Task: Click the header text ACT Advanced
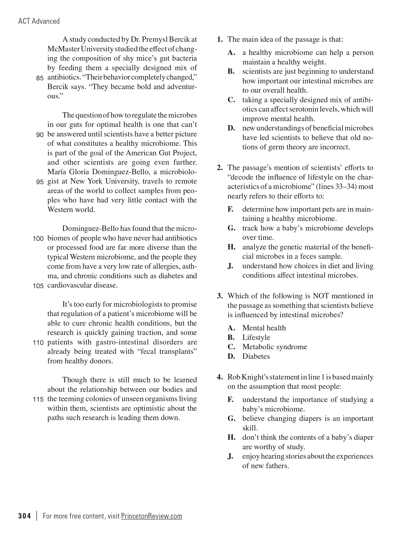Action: (39, 21)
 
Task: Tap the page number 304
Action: (24, 516)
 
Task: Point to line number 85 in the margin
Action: (40, 78)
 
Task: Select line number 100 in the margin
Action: (38, 239)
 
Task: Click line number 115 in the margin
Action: (38, 399)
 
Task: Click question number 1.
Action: (220, 40)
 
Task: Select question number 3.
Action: (220, 296)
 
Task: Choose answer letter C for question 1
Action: (231, 100)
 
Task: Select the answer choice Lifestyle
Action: (256, 337)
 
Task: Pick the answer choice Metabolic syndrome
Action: (274, 347)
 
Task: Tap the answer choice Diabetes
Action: (256, 356)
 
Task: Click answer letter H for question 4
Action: (231, 437)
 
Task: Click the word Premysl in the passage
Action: (153, 40)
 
